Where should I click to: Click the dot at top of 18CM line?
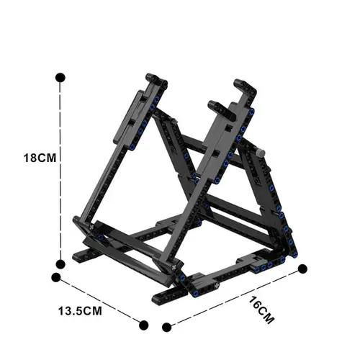coord(60,76)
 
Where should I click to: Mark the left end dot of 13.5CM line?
coord(56,276)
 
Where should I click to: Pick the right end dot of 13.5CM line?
coord(143,325)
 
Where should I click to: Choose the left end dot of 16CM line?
coord(168,325)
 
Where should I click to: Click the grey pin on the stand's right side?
coord(260,153)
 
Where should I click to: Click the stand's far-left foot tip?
coord(78,256)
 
